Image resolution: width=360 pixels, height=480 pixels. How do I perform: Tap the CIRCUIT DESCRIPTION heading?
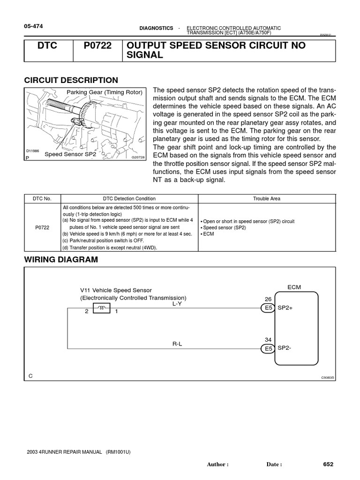(71, 80)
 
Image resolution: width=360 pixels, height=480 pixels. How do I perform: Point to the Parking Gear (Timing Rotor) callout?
(104, 92)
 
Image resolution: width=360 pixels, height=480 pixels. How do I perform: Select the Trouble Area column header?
(267, 199)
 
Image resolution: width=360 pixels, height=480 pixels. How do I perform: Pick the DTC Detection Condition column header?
(129, 199)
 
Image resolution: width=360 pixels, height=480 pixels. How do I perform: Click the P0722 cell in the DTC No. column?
(43, 228)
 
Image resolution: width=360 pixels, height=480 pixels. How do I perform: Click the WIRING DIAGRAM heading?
(61, 260)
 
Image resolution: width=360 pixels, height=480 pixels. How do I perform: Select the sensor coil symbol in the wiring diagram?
(102, 307)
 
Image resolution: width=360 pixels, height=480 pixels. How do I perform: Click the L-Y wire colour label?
(177, 304)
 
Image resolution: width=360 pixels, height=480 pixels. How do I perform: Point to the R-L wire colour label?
(177, 344)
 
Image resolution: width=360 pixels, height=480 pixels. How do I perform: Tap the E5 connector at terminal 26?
(267, 308)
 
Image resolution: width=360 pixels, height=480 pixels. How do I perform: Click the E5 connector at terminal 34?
(267, 348)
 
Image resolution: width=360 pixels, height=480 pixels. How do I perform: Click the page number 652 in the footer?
(328, 464)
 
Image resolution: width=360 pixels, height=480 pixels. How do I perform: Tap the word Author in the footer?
(217, 465)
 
